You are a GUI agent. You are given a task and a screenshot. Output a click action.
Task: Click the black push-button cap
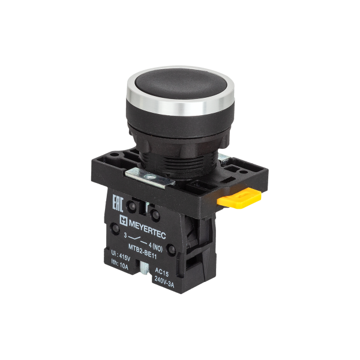tap(181, 83)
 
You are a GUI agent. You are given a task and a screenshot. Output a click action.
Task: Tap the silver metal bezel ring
tap(180, 107)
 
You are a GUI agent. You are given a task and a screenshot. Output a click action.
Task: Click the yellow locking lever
tap(239, 198)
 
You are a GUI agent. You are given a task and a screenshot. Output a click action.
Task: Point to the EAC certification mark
tap(118, 203)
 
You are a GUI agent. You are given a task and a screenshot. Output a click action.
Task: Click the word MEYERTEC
tap(147, 229)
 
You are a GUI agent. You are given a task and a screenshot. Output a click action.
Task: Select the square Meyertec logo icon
tap(124, 220)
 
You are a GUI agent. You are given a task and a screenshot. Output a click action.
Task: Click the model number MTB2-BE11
tap(142, 251)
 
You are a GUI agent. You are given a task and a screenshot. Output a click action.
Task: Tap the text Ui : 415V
tap(121, 256)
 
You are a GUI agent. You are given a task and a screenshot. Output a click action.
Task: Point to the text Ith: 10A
tap(119, 264)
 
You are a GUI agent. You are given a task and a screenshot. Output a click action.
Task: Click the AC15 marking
tap(161, 272)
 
